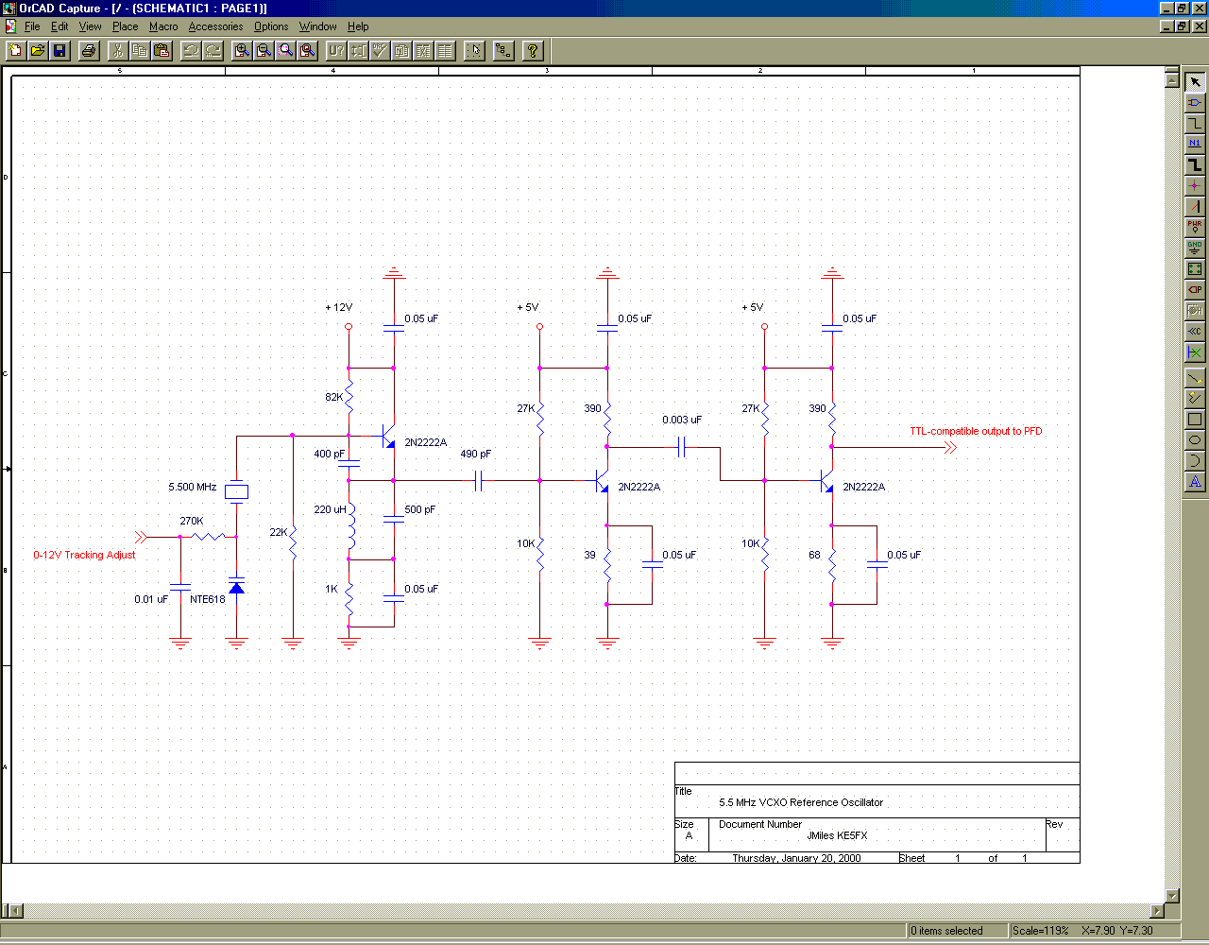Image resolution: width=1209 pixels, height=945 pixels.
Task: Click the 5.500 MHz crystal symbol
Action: pyautogui.click(x=236, y=491)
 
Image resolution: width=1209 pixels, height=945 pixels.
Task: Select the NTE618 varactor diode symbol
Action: pyautogui.click(x=236, y=587)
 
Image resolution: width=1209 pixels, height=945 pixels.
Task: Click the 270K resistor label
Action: pyautogui.click(x=192, y=521)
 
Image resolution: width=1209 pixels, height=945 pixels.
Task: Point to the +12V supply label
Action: pyautogui.click(x=339, y=307)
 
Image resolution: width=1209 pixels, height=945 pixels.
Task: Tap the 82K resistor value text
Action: pyautogui.click(x=333, y=397)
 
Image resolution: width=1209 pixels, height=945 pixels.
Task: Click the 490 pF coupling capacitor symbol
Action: pyautogui.click(x=479, y=480)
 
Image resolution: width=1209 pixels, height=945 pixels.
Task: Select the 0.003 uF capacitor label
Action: pyautogui.click(x=682, y=420)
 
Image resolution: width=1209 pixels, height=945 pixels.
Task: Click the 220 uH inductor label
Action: pyautogui.click(x=330, y=509)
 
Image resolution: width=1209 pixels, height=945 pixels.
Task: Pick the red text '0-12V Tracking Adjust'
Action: pyautogui.click(x=84, y=555)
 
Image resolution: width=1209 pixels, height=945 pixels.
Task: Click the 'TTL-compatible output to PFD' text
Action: pyautogui.click(x=976, y=431)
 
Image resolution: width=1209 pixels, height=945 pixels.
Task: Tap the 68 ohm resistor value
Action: pyautogui.click(x=814, y=555)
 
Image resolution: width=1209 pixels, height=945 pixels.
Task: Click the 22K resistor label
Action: pyautogui.click(x=279, y=532)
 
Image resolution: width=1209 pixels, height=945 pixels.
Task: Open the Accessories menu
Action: pyautogui.click(x=216, y=26)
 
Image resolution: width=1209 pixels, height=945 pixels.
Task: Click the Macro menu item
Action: pyautogui.click(x=163, y=26)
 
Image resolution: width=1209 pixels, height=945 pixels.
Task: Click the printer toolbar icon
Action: pyautogui.click(x=89, y=51)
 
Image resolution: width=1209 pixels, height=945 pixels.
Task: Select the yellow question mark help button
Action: pyautogui.click(x=533, y=51)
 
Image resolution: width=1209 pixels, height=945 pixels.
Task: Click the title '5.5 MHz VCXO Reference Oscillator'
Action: pyautogui.click(x=801, y=802)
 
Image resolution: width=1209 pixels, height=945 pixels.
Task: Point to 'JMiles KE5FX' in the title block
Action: pyautogui.click(x=837, y=835)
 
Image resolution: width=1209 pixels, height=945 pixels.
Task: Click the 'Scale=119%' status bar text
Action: pyautogui.click(x=1041, y=931)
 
